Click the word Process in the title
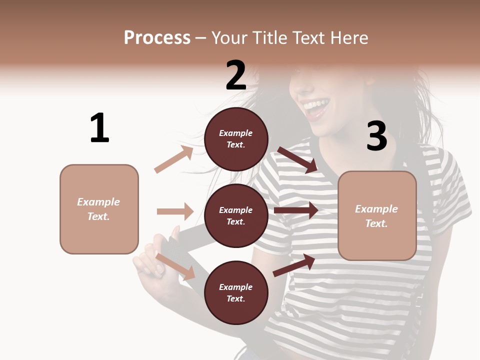[x=157, y=37]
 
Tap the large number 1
[x=99, y=128]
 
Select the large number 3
[x=376, y=136]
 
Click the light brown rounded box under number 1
[x=99, y=209]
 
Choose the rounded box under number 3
[x=377, y=216]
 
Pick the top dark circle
[x=236, y=139]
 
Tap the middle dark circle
[x=236, y=215]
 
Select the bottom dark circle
[x=236, y=292]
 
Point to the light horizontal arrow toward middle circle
[x=175, y=211]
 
